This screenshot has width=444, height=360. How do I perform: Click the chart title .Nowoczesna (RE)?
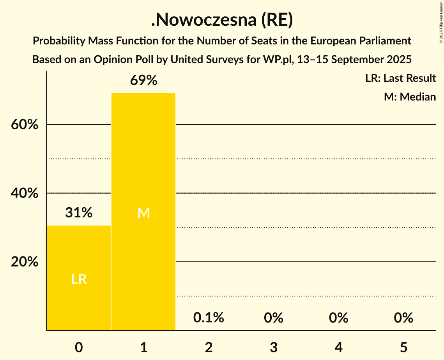pyautogui.click(x=222, y=21)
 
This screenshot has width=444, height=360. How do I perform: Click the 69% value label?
pyautogui.click(x=143, y=81)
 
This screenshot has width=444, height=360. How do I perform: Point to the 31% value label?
pyautogui.click(x=79, y=213)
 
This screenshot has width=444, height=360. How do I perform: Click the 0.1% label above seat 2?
pyautogui.click(x=209, y=318)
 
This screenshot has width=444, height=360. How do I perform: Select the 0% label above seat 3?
pyautogui.click(x=273, y=318)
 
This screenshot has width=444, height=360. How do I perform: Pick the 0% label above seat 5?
pyautogui.click(x=403, y=318)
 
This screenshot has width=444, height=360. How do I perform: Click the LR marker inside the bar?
pyautogui.click(x=79, y=279)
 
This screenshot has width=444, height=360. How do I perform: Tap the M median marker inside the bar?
pyautogui.click(x=143, y=213)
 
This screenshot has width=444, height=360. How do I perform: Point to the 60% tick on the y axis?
pyautogui.click(x=25, y=125)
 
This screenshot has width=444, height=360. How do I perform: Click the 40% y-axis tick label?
pyautogui.click(x=25, y=193)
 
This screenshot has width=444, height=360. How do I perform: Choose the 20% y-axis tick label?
pyautogui.click(x=25, y=262)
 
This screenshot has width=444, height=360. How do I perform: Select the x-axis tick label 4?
pyautogui.click(x=338, y=347)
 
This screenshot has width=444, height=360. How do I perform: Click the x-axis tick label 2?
pyautogui.click(x=209, y=347)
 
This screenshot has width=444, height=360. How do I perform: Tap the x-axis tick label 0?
pyautogui.click(x=79, y=347)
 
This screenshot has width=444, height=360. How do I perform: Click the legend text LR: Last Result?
pyautogui.click(x=400, y=78)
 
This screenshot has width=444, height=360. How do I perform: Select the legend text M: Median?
pyautogui.click(x=410, y=97)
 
